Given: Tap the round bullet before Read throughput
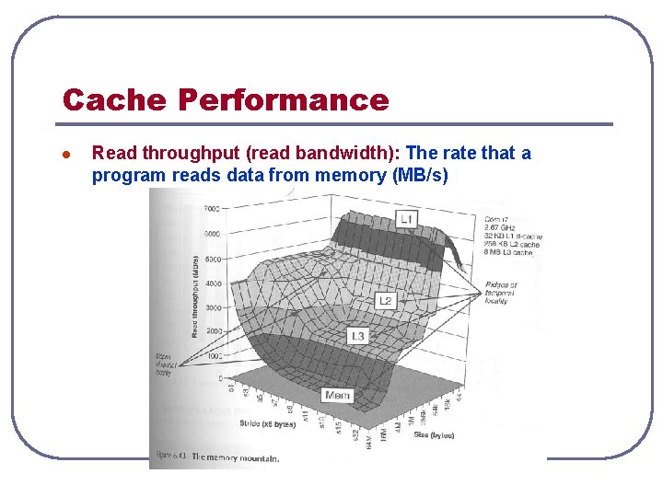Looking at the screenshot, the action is tap(65, 154).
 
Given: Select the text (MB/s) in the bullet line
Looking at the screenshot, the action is tap(420, 175).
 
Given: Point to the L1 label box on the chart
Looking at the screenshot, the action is tap(406, 218).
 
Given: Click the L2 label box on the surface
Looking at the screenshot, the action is tap(385, 301).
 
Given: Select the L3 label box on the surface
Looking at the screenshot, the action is tap(357, 336).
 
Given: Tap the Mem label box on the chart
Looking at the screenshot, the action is tap(337, 395).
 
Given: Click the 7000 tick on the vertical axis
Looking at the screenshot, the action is tap(211, 209).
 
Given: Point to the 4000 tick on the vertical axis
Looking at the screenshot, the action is tap(211, 283).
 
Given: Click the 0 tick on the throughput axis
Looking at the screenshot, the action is tap(220, 378).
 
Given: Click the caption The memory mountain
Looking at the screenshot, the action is tap(234, 457).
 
